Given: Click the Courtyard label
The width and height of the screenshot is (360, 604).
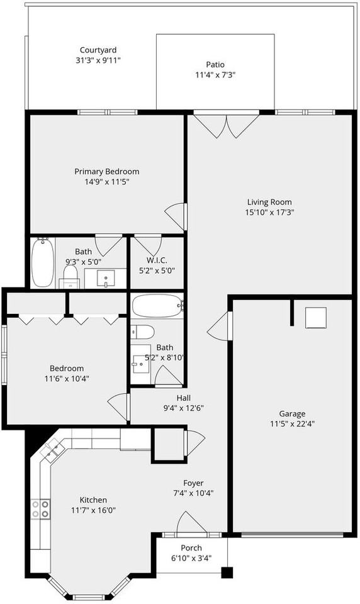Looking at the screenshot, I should [98, 50].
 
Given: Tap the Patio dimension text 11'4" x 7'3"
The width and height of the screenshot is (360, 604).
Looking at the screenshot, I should [215, 74].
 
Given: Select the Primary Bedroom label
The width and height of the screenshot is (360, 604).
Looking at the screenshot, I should [107, 172].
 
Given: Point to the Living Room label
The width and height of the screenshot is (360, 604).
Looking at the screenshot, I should [269, 202].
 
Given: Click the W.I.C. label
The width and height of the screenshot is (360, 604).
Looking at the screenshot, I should [157, 260].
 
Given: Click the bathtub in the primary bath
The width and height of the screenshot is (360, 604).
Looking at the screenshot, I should [42, 262].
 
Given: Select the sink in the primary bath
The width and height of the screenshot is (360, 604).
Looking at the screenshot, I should [106, 277].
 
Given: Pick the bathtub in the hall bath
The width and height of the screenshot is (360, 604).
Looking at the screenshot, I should [157, 307].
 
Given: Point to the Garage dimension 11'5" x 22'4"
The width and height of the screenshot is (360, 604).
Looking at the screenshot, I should [293, 423].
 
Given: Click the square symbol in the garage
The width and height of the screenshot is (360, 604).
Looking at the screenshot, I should [315, 318].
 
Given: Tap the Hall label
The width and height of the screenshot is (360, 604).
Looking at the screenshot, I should [183, 398].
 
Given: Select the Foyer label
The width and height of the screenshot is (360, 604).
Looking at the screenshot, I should [193, 483].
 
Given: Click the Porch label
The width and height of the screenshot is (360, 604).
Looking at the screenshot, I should [191, 548].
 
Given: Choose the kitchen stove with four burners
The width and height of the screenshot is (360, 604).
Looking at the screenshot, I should [41, 509].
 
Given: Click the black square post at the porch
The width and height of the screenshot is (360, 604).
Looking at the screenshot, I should [227, 573].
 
